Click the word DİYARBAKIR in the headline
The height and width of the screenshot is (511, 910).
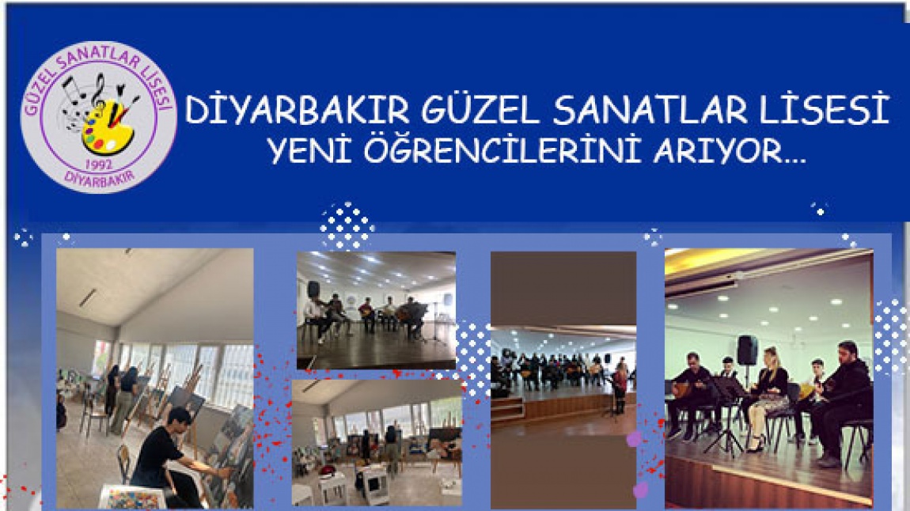[298, 110]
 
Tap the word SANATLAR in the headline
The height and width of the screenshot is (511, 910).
[650, 110]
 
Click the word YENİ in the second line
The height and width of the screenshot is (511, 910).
[309, 150]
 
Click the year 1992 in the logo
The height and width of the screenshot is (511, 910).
[99, 165]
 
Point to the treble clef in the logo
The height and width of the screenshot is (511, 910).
[99, 93]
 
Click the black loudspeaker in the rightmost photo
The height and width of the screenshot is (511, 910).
[747, 350]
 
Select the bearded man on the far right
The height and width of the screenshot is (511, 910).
[842, 403]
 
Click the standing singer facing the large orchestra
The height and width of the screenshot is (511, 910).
[620, 387]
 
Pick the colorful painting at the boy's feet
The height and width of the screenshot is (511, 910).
[132, 497]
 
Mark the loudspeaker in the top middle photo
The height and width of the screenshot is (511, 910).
[313, 290]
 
